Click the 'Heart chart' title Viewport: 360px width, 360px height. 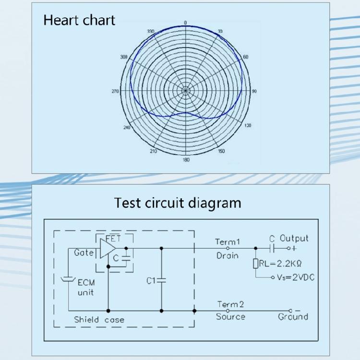pos(79,20)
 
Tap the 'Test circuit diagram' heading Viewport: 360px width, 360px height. pos(178,203)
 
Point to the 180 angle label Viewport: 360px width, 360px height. pos(186,159)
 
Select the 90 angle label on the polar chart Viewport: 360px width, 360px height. pos(254,91)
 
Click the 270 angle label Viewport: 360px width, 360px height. pos(115,91)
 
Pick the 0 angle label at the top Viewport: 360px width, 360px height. pos(185,22)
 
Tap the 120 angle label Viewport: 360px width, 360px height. pos(248,125)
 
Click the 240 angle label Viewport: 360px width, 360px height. pos(127,127)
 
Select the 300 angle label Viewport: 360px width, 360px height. pos(124,57)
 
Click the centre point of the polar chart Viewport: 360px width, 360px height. pos(185,90)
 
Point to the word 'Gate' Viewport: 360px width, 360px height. pos(84,252)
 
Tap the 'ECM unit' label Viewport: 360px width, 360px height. pos(86,288)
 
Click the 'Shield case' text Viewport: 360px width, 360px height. pos(99,319)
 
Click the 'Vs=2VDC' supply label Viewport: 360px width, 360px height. pos(291,277)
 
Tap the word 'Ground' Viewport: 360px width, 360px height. pos(293,317)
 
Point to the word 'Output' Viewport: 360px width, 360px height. pos(294,238)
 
